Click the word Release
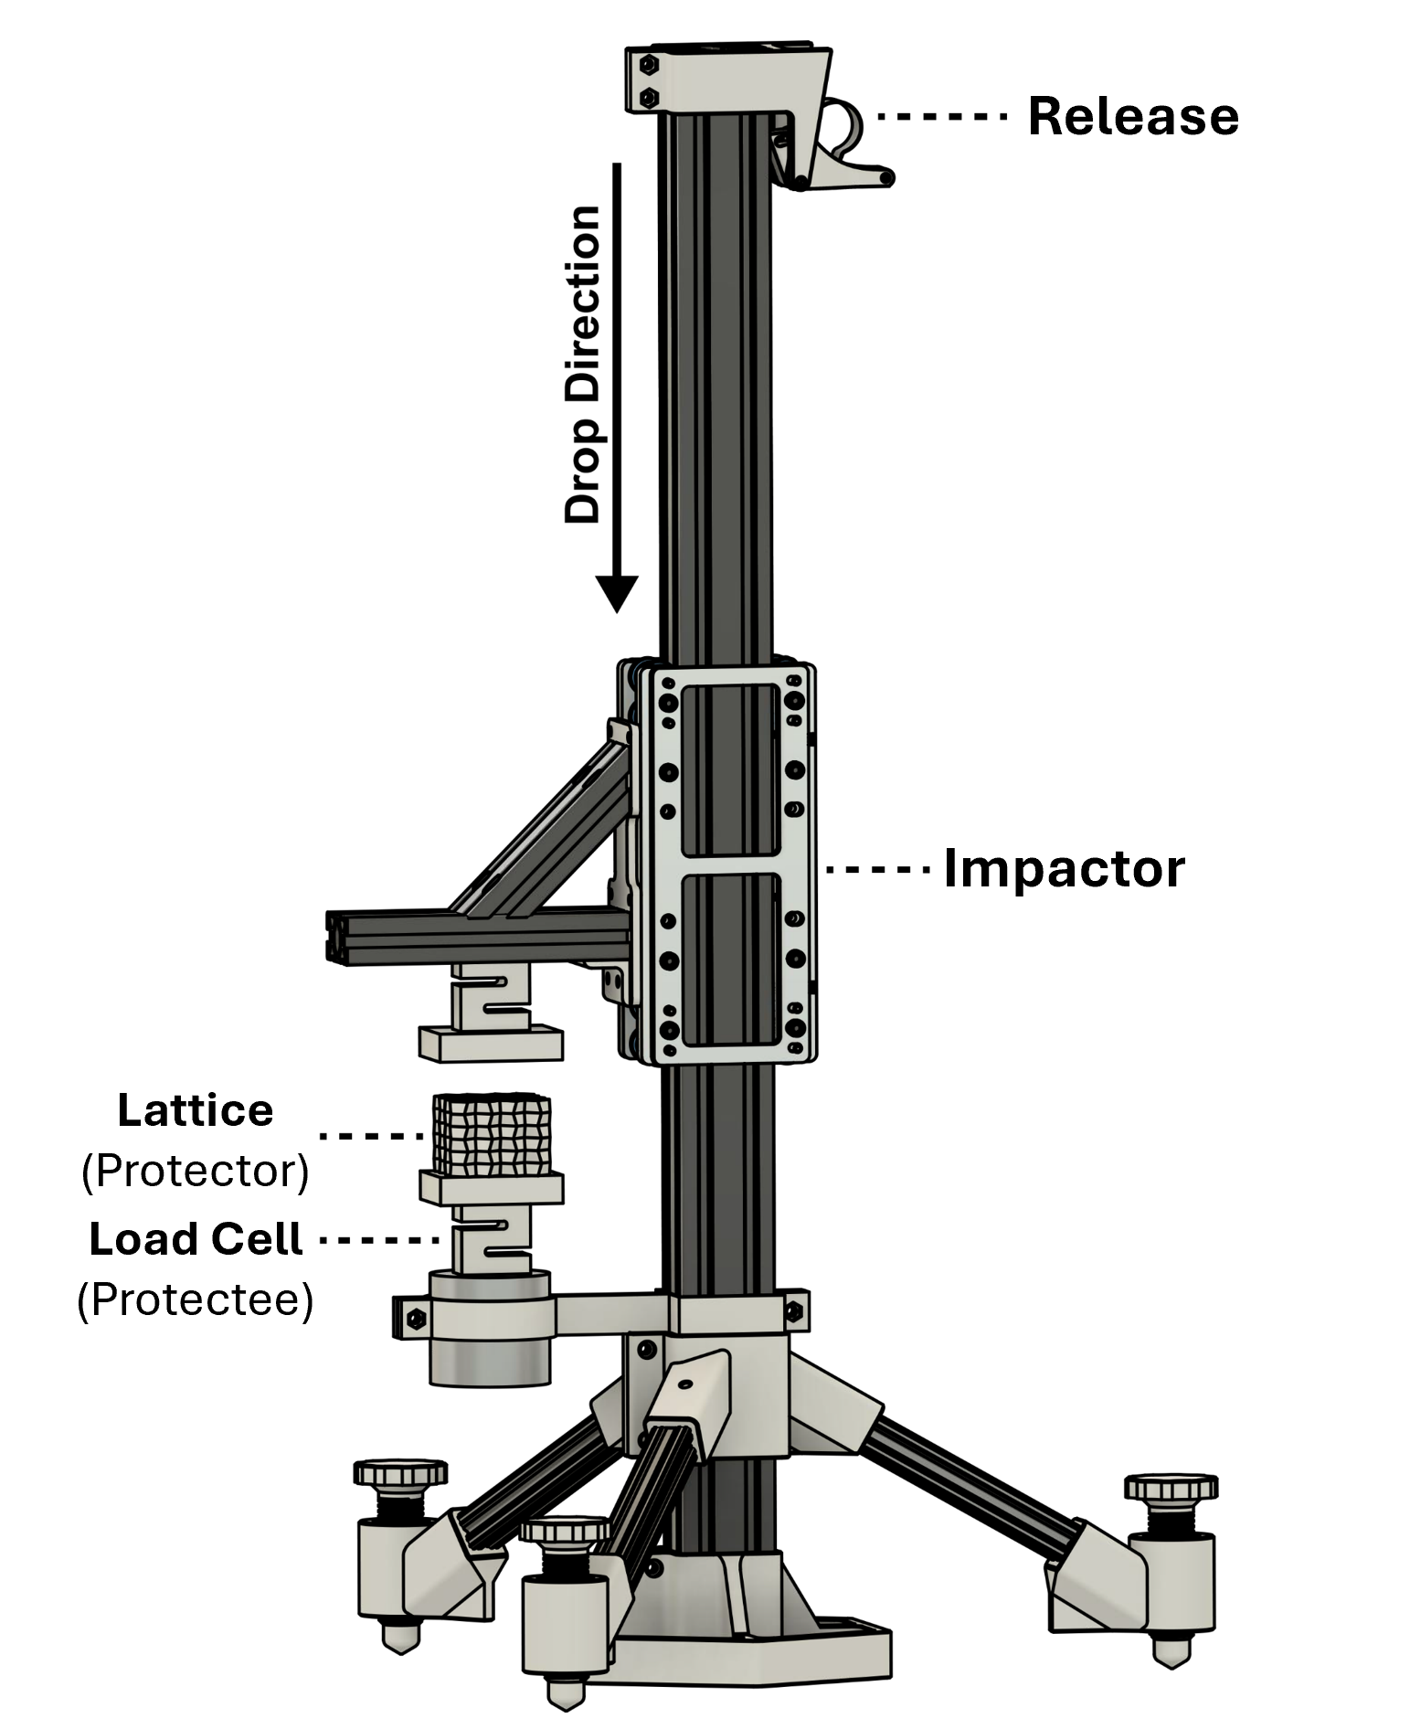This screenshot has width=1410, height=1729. (x=1132, y=117)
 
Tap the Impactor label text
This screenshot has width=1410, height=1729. (x=1064, y=869)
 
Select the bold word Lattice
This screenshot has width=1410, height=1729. (x=196, y=1110)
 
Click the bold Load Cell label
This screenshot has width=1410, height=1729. (x=196, y=1239)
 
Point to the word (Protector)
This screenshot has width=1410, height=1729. (x=196, y=1171)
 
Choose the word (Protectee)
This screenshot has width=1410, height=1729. (x=196, y=1299)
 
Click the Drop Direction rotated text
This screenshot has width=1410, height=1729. (x=583, y=365)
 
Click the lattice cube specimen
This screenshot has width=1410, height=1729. (x=492, y=1134)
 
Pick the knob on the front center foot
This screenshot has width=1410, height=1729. (x=565, y=1530)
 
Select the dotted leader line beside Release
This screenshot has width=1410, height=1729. (x=942, y=116)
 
